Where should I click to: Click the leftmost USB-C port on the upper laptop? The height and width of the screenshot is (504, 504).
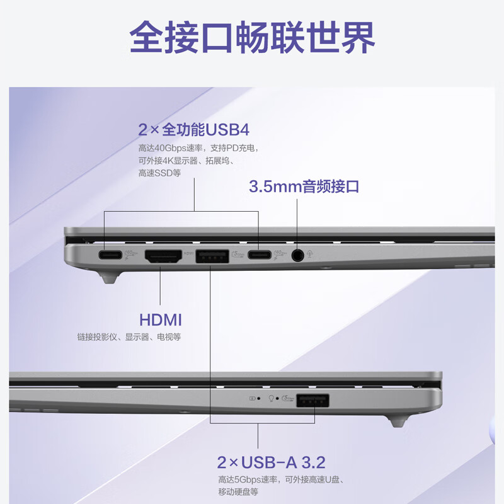click(111, 255)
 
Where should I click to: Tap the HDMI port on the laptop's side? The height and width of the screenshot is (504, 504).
click(162, 256)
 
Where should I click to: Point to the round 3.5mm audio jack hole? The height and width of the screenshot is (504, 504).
click(298, 255)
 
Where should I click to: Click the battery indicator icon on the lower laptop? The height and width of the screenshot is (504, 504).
click(253, 399)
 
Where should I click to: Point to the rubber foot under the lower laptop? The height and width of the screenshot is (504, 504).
click(398, 420)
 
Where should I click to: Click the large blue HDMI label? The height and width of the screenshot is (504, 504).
click(161, 319)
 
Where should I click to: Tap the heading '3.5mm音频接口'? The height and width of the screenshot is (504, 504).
click(304, 186)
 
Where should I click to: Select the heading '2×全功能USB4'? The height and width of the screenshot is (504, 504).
click(194, 130)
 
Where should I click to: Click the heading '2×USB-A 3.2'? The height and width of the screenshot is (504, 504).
click(271, 462)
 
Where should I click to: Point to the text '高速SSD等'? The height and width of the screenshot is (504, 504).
click(159, 173)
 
